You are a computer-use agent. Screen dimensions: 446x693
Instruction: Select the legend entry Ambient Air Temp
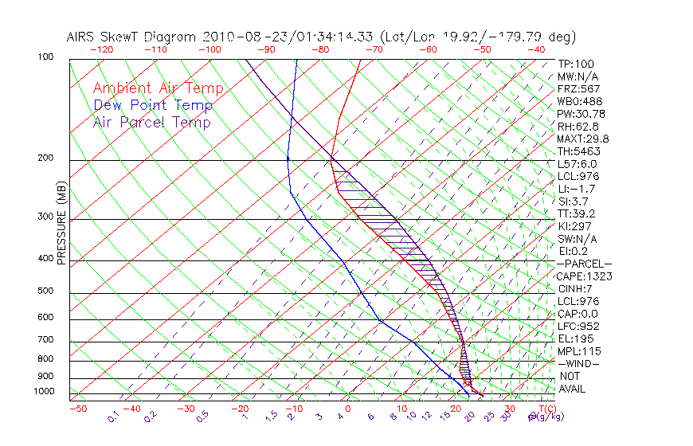pos(158,88)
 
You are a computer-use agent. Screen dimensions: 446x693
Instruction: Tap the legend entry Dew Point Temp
pos(152,105)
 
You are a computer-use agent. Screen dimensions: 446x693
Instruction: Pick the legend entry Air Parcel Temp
pos(151,122)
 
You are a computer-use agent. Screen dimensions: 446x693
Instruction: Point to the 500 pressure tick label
pos(46,291)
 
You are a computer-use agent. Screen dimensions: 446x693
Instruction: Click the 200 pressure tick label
pos(46,158)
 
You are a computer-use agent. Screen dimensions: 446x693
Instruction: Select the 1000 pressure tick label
pos(44,391)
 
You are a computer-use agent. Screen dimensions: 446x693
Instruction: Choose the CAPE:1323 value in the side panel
pos(578,276)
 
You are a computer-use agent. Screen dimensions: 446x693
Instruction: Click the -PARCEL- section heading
pos(584,264)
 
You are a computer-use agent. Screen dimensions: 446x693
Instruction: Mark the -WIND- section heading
pos(578,363)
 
